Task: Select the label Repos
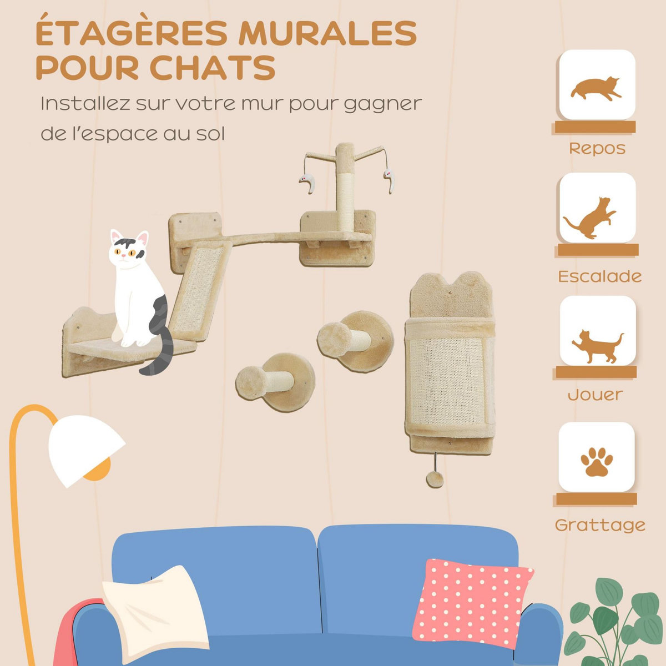tap(597, 149)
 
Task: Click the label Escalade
tap(599, 276)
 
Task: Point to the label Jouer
tap(595, 395)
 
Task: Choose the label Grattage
tap(600, 524)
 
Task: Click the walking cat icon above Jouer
tap(597, 345)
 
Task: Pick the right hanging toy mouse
tap(390, 179)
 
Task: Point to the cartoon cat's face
tap(128, 253)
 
